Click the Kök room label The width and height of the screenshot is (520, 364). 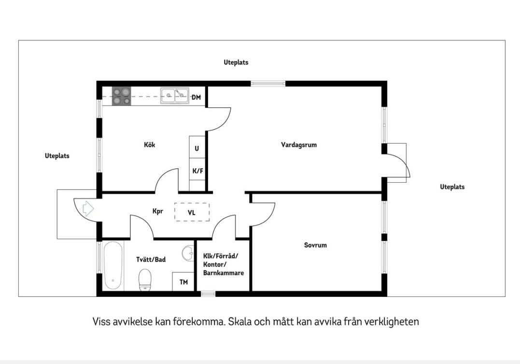pos(150,145)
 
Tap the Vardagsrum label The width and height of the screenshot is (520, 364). pos(299,145)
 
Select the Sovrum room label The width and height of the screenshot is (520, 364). pos(315,245)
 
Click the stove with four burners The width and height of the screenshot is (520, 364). pos(121,95)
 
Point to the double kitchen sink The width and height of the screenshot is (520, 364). pos(175,95)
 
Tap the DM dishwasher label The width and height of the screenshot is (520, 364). pos(196,97)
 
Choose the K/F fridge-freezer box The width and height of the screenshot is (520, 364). pos(197,171)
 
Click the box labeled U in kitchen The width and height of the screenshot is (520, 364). pos(197,148)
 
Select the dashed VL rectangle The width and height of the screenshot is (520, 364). pos(192,212)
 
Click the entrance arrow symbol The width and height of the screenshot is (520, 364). pos(87,208)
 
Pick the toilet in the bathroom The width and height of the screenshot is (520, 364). pos(145,279)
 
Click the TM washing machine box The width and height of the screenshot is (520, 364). pos(183,282)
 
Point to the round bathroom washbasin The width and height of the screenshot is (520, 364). pos(188,253)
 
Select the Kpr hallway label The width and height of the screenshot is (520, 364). pos(158,211)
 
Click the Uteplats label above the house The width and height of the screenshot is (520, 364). pos(236,63)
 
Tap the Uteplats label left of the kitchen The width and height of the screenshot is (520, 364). pos(57,156)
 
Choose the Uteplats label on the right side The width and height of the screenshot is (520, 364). pos(452,187)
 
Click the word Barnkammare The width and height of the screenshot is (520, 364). pos(224,273)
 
